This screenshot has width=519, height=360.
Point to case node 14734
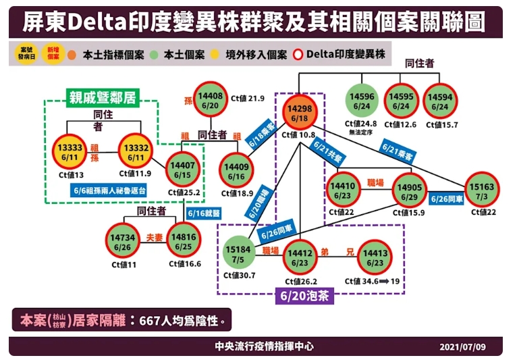pyautogui.click(x=122, y=242)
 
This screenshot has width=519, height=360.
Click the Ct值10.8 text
pyautogui.click(x=300, y=135)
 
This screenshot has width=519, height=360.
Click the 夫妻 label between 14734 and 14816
pyautogui.click(x=155, y=238)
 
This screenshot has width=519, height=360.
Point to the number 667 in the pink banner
pyautogui.click(x=151, y=319)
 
